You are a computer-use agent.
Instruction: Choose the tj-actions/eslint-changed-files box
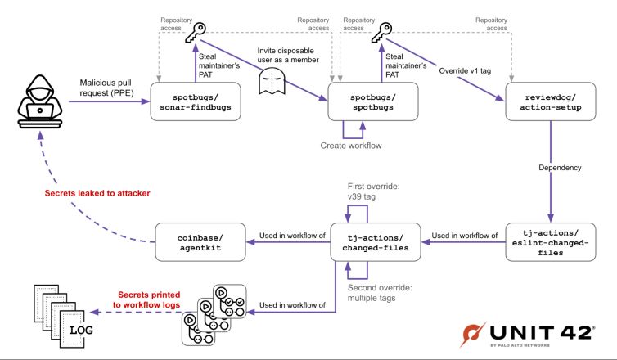543,241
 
